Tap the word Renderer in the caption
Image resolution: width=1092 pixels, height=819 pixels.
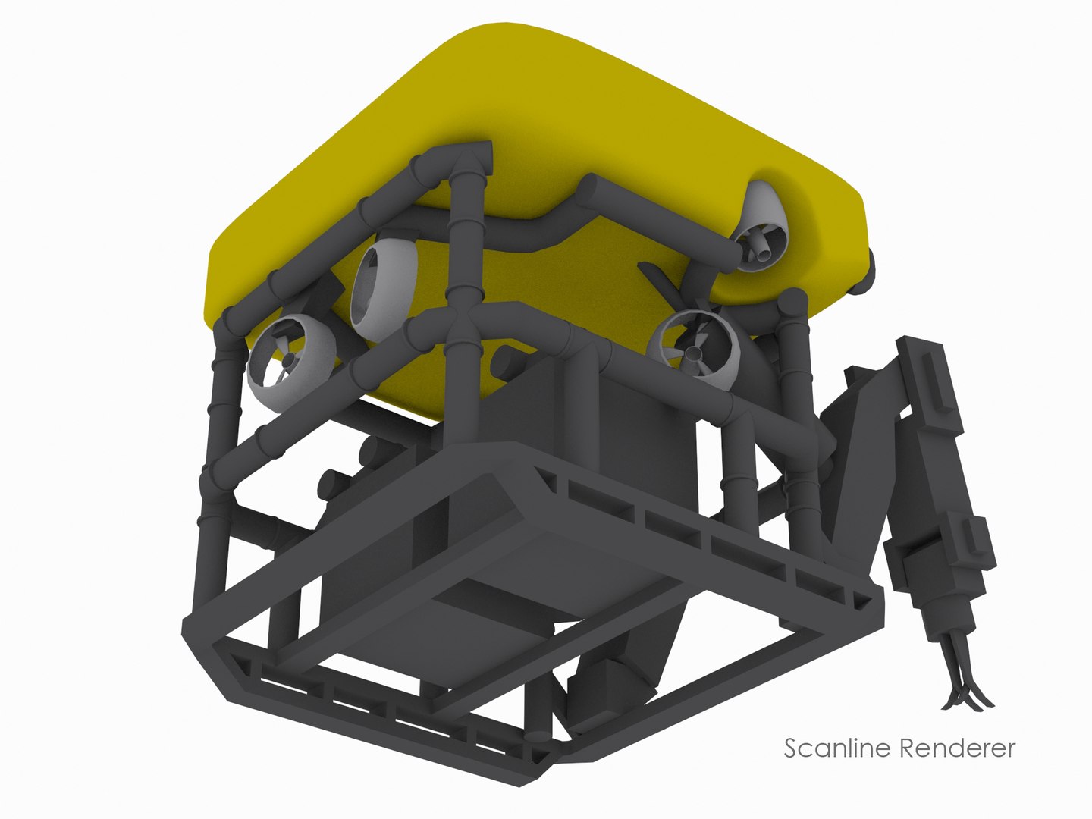pos(957,748)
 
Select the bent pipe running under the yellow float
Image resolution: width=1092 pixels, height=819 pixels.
pos(531,227)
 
